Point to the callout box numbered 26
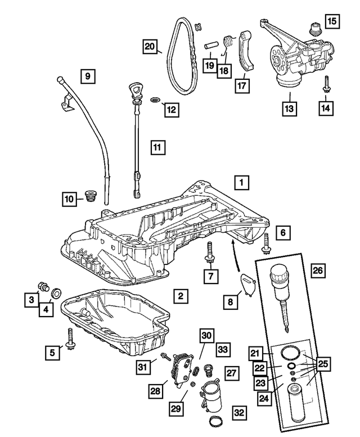(x=318, y=271)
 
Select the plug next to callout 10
(x=88, y=196)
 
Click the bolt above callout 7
(x=210, y=251)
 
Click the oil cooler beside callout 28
(x=182, y=369)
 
